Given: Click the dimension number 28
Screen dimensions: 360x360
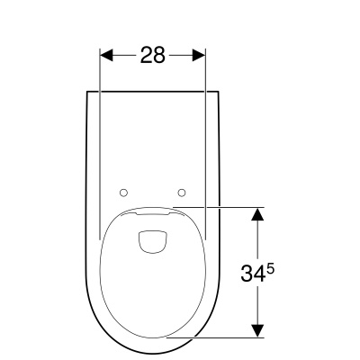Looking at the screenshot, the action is pyautogui.click(x=153, y=55).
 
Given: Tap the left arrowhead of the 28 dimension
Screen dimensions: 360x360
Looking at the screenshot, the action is pyautogui.click(x=106, y=55).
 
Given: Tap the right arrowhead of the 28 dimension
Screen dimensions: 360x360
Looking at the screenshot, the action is pyautogui.click(x=199, y=55).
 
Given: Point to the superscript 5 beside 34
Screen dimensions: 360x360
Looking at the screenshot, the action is pyautogui.click(x=270, y=269).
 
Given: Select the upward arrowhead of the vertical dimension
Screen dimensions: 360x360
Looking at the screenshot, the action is pyautogui.click(x=257, y=214).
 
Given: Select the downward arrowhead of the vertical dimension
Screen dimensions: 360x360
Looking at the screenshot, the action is pyautogui.click(x=257, y=331).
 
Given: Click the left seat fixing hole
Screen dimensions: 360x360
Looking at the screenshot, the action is pyautogui.click(x=123, y=193).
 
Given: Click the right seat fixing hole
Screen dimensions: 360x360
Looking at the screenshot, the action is pyautogui.click(x=182, y=193).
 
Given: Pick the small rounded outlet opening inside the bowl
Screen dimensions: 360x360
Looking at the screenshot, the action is pyautogui.click(x=152, y=241).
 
